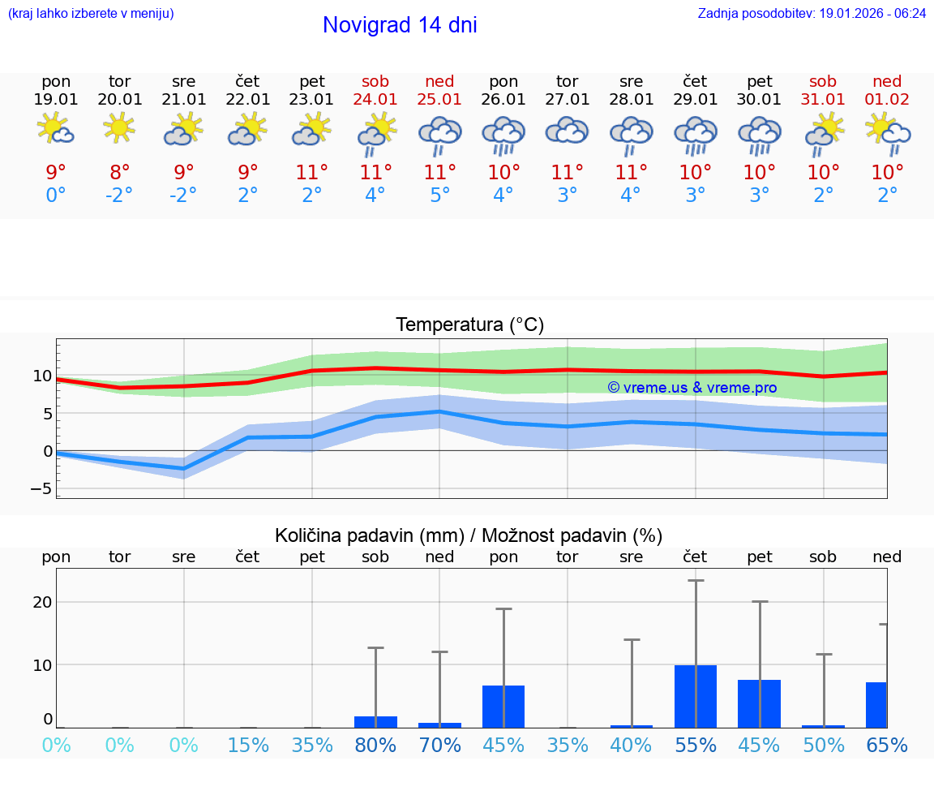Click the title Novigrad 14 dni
click(400, 25)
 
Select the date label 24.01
click(375, 99)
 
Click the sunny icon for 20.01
click(119, 127)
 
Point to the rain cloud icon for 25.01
click(439, 134)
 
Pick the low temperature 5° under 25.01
click(439, 196)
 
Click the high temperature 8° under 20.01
click(119, 173)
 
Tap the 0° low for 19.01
click(56, 196)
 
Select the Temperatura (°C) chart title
click(469, 325)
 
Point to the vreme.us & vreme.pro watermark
click(692, 388)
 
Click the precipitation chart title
click(469, 535)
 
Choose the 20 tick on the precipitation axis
click(42, 602)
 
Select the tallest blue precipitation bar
click(696, 696)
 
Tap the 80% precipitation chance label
click(375, 745)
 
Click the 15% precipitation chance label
click(248, 745)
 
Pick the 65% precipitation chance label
click(887, 745)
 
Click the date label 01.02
click(887, 99)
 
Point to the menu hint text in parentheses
click(91, 14)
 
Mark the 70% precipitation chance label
click(439, 745)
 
